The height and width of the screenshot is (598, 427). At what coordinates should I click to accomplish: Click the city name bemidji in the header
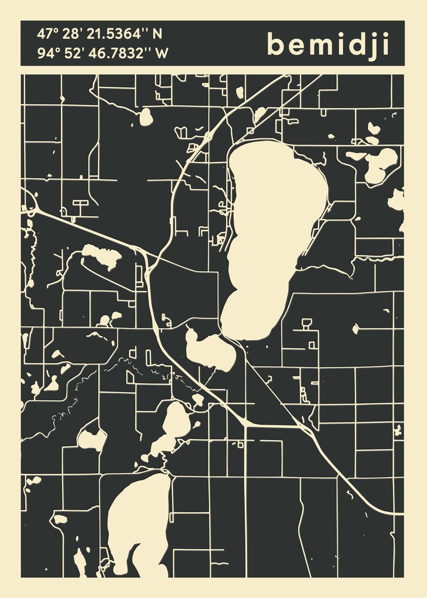328,44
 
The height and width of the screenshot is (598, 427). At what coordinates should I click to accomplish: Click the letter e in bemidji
297,46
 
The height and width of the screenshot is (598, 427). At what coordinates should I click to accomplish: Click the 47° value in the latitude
45,34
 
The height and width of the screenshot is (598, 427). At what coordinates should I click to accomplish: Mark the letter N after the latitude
157,34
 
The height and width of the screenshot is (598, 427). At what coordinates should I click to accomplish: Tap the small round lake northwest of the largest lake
146,117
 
